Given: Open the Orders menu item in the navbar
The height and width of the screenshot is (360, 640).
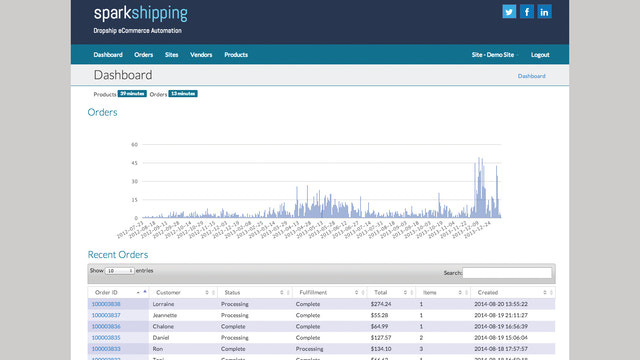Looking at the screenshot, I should pos(144,54).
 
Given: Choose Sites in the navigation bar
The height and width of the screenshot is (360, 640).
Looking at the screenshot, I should pos(171,54).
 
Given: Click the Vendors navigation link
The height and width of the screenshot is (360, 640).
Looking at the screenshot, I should pos(201,54).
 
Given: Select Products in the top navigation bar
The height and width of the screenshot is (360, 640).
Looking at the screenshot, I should pos(236,54).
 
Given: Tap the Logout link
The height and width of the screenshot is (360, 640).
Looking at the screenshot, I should pos(540,54).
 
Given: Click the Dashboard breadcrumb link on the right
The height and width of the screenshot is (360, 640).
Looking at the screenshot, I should pos(532,76).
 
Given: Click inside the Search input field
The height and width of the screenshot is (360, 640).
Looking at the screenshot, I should pos(507,271).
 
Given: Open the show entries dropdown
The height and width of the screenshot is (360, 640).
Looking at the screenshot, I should pos(119,271).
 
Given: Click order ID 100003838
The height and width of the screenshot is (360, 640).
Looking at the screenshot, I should pos(106,303).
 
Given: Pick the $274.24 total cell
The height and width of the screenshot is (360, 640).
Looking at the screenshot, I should pos(381,303).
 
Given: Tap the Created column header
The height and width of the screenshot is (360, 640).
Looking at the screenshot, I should pos(488,292).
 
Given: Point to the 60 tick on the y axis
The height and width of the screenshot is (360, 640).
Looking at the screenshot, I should pos(134,145).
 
